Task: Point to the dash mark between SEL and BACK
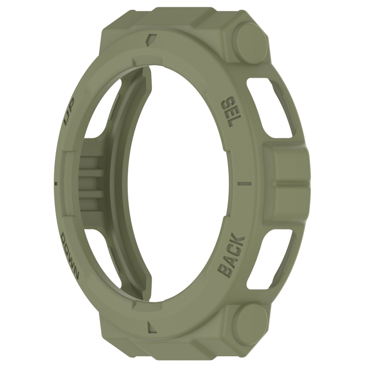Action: coord(245,183)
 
